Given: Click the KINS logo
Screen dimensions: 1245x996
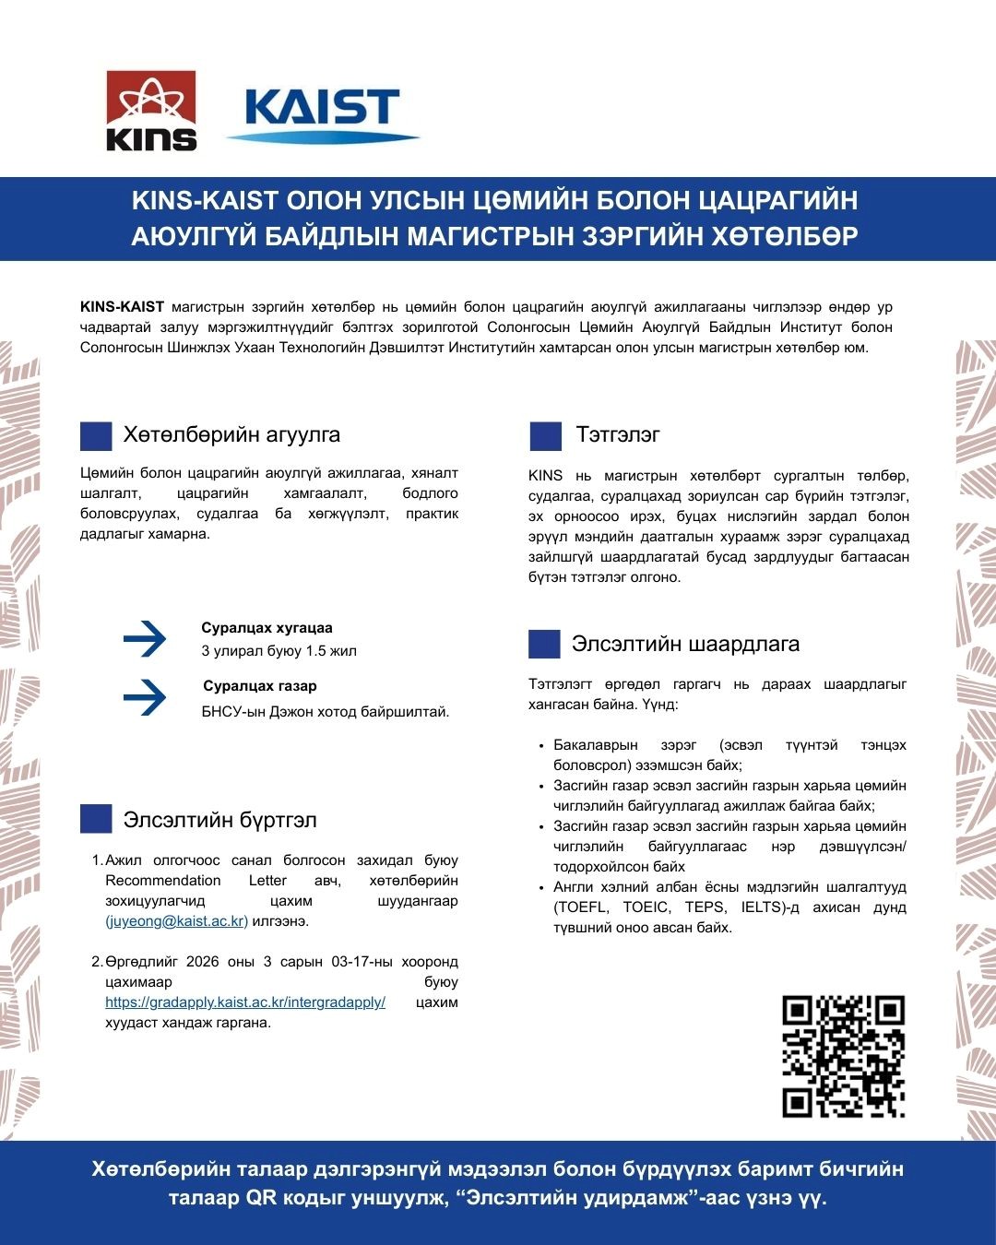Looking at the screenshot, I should (151, 111).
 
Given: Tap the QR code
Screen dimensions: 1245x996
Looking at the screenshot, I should (843, 1056).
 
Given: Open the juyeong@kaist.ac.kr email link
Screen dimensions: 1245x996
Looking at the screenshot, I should (176, 921).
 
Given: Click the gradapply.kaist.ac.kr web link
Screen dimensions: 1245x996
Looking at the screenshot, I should (245, 1002).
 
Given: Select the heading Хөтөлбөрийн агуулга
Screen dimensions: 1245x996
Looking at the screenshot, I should (231, 434).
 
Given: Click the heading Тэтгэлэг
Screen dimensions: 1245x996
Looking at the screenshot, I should (618, 434).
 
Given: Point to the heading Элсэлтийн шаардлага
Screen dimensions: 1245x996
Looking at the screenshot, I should (685, 644).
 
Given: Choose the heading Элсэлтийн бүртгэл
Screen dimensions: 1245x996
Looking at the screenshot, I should (219, 820).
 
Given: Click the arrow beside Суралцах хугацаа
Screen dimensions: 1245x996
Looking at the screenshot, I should (145, 639).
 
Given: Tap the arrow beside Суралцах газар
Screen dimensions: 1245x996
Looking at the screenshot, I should (145, 697).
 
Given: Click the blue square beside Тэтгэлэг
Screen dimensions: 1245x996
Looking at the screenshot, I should (545, 436).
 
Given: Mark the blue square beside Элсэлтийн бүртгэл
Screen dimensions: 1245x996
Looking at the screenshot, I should (96, 819).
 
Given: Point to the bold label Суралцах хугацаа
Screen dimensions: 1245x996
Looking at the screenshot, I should (267, 628).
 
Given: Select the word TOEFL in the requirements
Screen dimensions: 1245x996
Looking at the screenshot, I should (581, 907).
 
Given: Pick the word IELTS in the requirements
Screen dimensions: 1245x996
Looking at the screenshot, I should (765, 907).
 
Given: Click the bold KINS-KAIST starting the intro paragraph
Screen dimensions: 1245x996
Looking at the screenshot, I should (122, 307).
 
